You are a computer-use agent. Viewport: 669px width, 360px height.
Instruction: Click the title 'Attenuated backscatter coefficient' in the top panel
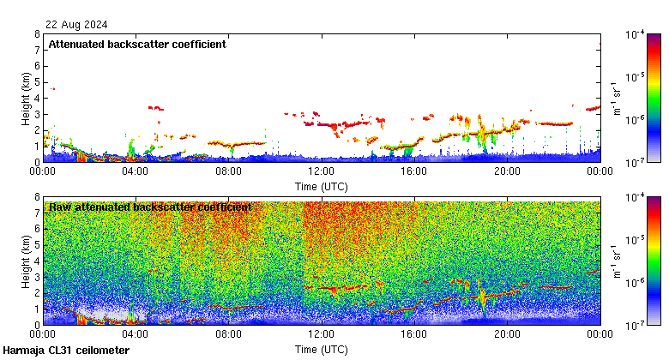(x=137, y=44)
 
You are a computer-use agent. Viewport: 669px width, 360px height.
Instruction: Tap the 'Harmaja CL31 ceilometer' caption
(x=66, y=351)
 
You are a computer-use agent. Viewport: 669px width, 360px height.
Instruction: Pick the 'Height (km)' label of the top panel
(x=26, y=98)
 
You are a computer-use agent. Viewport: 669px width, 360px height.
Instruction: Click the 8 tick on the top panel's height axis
(x=36, y=34)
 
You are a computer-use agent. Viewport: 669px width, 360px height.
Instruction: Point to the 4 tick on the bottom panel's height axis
(x=36, y=261)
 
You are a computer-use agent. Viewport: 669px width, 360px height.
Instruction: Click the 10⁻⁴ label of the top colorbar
(x=636, y=34)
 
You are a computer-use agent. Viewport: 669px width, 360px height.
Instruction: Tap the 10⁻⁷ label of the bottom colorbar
(x=636, y=325)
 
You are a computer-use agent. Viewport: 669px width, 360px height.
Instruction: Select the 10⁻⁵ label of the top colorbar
(x=636, y=77)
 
